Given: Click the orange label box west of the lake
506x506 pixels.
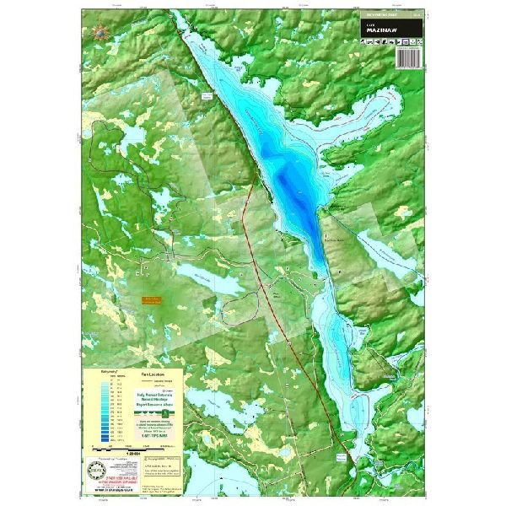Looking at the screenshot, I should tap(152, 301).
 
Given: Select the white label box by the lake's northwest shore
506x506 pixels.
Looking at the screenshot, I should tap(207, 99).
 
